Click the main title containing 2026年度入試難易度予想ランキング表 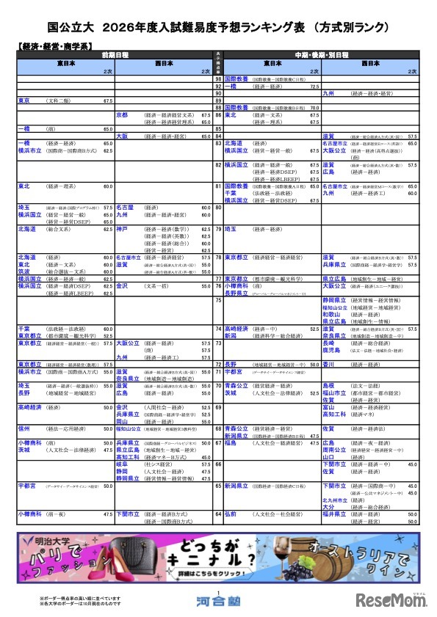click(218, 28)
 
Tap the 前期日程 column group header click(114, 55)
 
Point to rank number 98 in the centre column click(218, 79)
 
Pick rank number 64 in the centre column click(218, 515)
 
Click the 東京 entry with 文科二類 click(44, 101)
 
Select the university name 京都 click(122, 115)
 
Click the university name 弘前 click(231, 515)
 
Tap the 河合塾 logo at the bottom click(218, 600)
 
